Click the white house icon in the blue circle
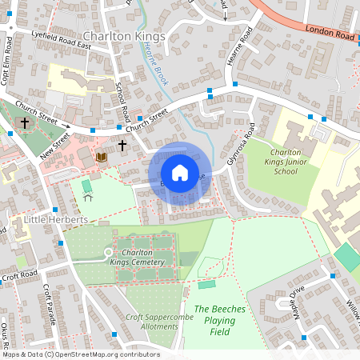[x=180, y=172]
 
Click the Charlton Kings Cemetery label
[x=143, y=257]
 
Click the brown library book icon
[x=101, y=158]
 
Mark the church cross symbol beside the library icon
[x=122, y=146]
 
